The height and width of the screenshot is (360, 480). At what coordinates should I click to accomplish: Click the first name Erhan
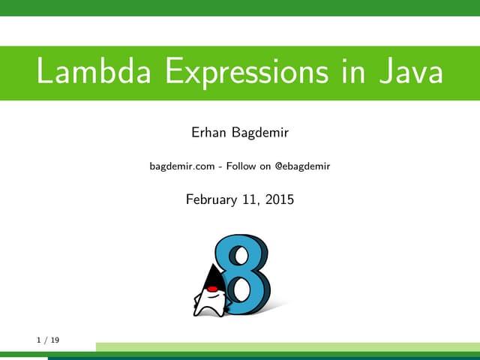pos(210,134)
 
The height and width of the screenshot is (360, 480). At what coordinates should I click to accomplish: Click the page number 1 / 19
pos(48,340)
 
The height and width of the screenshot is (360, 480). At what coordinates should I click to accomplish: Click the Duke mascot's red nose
pos(212,289)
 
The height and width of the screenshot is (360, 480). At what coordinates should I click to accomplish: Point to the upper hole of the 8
pos(240,254)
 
